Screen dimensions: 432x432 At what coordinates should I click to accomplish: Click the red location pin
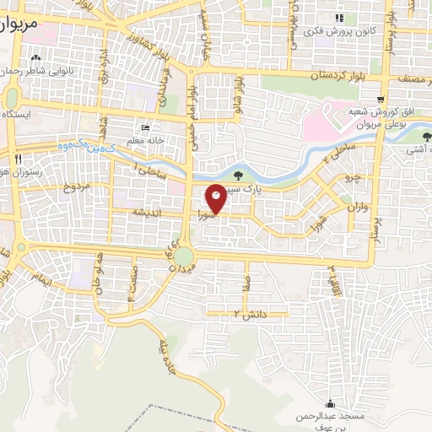217,197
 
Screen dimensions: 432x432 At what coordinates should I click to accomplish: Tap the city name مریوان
19,25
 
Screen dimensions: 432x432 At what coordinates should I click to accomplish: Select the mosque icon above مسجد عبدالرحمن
329,403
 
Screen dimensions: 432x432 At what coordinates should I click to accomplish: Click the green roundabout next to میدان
184,255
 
